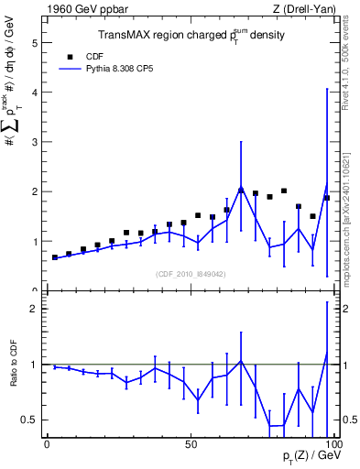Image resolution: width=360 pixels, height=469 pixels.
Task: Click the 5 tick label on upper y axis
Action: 34,43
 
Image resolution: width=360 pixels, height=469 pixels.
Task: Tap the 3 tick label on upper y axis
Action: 34,142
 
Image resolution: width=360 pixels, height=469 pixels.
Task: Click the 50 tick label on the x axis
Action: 190,443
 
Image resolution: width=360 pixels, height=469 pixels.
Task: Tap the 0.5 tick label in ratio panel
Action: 29,420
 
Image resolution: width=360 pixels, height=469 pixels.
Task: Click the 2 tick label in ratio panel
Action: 34,309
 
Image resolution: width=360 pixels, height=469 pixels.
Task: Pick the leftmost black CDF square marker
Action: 55,257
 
